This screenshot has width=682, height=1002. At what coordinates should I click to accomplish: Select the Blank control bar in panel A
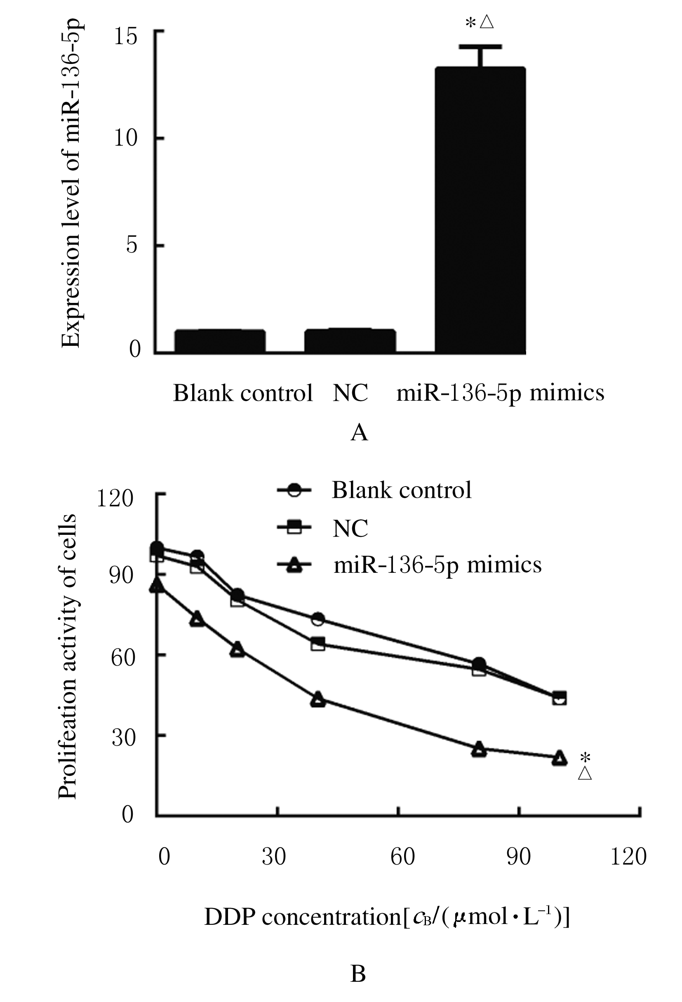tap(220, 341)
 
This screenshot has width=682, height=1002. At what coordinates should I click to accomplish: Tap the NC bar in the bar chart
tap(350, 341)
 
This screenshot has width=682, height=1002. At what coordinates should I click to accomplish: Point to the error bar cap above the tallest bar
tap(480, 46)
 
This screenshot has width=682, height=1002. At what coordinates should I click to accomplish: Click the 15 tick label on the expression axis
tap(125, 37)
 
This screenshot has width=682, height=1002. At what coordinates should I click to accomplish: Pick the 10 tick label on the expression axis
tap(125, 138)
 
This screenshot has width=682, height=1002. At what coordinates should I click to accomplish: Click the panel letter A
tap(359, 432)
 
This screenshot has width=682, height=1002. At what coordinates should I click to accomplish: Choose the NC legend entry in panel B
tap(350, 528)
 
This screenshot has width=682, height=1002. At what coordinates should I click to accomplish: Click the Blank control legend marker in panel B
tap(294, 490)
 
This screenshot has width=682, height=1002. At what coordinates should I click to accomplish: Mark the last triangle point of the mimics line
tap(559, 758)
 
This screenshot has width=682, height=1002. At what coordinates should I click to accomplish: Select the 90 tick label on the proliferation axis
tap(122, 575)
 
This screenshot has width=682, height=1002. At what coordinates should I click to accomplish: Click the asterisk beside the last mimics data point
tap(585, 758)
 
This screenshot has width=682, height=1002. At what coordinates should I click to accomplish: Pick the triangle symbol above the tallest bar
tap(487, 21)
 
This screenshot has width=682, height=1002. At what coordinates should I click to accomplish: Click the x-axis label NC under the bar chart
tap(350, 393)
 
